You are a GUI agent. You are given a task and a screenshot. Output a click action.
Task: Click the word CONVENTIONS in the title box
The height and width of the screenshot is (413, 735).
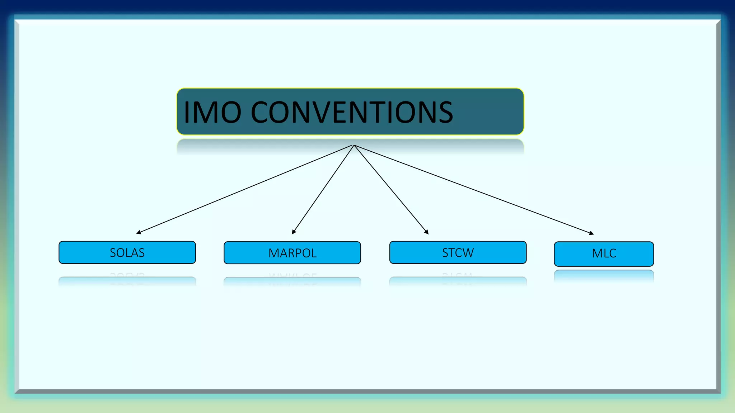click(x=352, y=113)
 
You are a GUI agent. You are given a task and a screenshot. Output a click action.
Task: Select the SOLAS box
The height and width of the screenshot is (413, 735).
click(x=127, y=253)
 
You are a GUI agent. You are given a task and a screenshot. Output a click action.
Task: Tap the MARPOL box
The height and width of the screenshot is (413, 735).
click(x=292, y=253)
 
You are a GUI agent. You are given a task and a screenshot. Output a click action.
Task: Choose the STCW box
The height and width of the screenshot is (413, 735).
click(x=458, y=253)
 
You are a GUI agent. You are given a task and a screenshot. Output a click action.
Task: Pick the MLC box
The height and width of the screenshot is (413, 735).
click(x=604, y=254)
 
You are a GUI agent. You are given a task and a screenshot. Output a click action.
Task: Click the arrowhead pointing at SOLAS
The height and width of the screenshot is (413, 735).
click(x=139, y=233)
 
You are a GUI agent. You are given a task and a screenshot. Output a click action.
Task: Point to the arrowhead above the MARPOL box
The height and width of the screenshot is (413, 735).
click(x=294, y=232)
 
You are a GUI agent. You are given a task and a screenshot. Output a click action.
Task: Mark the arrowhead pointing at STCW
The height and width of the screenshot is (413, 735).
click(x=427, y=232)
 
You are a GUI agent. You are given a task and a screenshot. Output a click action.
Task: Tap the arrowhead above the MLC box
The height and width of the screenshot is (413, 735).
click(x=591, y=233)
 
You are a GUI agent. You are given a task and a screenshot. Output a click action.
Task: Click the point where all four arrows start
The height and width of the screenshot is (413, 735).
click(x=354, y=145)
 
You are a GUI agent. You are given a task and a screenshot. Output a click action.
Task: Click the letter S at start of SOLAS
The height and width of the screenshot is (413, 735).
click(x=113, y=253)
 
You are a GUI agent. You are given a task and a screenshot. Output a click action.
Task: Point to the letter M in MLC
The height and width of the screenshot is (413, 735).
click(x=597, y=253)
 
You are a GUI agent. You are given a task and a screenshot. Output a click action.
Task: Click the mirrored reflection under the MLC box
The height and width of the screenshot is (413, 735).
click(x=604, y=276)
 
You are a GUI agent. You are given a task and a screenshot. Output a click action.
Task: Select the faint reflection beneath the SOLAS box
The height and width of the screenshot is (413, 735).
click(x=127, y=281)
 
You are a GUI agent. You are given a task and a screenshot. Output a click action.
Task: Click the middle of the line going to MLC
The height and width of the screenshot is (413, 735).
click(x=474, y=190)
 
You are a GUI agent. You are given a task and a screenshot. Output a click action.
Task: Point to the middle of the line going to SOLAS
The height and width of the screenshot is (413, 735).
click(x=245, y=189)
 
